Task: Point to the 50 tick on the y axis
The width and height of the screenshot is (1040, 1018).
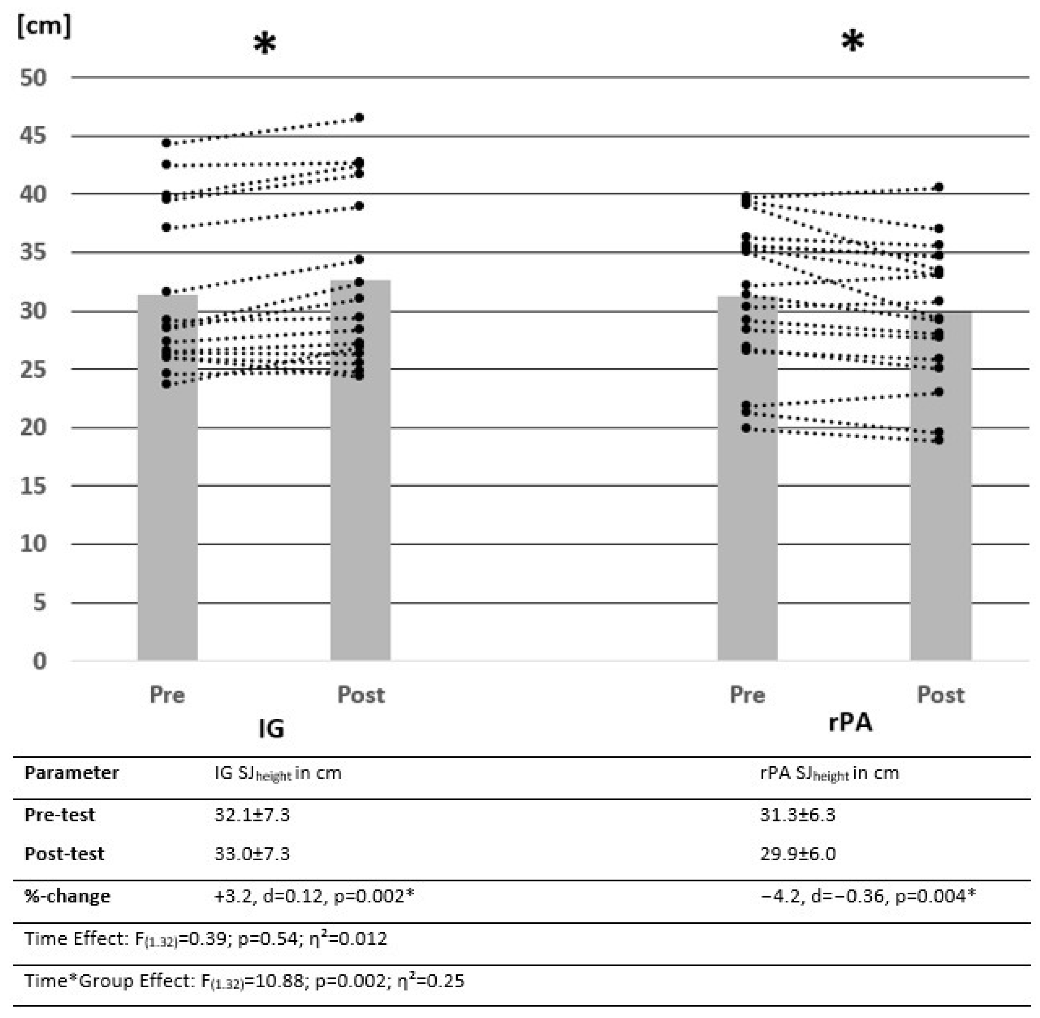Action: [x=33, y=78]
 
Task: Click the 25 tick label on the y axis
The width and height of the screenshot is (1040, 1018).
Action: [x=33, y=370]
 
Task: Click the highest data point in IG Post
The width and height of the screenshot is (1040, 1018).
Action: [x=360, y=118]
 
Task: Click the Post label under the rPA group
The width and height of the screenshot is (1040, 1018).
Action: [x=941, y=694]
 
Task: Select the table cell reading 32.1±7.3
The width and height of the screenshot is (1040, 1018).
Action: [x=252, y=815]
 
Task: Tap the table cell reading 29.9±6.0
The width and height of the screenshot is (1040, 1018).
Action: [x=798, y=853]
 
